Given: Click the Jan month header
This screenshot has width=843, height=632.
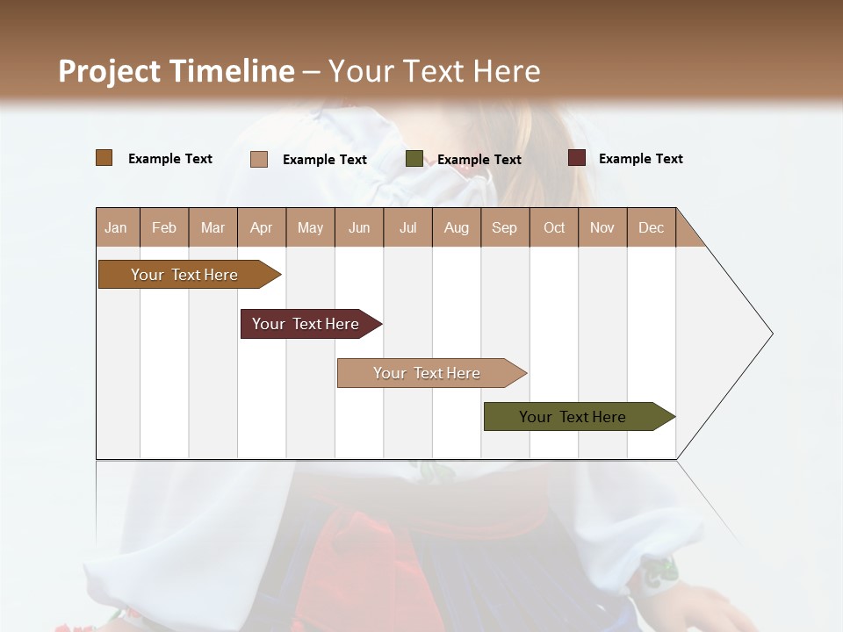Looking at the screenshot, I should [117, 227].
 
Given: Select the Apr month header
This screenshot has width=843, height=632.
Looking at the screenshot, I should [261, 227].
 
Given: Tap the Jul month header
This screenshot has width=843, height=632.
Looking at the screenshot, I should [407, 227].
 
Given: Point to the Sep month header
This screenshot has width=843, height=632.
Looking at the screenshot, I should [504, 227].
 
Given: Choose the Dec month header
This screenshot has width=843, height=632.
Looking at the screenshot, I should [651, 227].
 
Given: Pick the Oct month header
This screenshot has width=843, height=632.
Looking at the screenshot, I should [553, 227].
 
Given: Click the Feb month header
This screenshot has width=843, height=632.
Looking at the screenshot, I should [164, 227].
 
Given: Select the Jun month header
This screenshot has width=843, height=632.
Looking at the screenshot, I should [358, 227].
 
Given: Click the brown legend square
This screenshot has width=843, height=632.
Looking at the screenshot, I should [104, 158].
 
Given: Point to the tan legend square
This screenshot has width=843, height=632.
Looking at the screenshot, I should [259, 159].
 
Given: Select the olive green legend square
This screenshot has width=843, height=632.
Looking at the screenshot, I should [414, 159].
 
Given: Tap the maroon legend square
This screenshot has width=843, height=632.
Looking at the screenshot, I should [576, 158].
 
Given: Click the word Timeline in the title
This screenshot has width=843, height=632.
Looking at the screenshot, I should [232, 71].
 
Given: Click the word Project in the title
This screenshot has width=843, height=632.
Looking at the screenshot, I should [110, 71].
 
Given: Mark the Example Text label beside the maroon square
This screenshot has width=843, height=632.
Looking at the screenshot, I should [640, 159].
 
